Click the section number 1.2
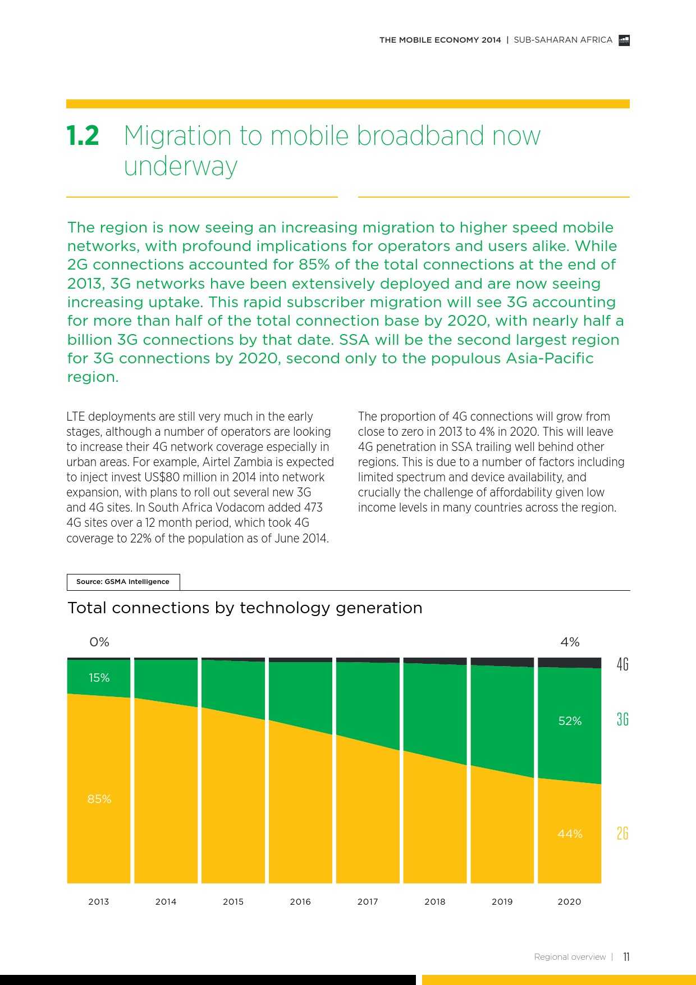[x=83, y=136]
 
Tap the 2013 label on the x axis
[x=98, y=901]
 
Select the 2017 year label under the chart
[x=368, y=901]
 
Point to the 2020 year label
[x=569, y=901]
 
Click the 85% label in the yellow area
[x=99, y=799]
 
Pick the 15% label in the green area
[x=99, y=678]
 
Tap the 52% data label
[x=570, y=721]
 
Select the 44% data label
[x=570, y=834]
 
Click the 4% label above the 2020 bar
[x=570, y=642]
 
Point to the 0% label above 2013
[x=99, y=642]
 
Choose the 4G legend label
[x=622, y=664]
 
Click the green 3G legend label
[x=622, y=719]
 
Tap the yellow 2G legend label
[x=622, y=833]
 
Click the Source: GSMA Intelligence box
[x=123, y=582]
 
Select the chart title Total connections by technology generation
[x=245, y=608]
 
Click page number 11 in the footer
[x=626, y=957]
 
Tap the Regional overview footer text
[x=570, y=957]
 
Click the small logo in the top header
[x=624, y=40]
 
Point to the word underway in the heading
[x=181, y=166]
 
